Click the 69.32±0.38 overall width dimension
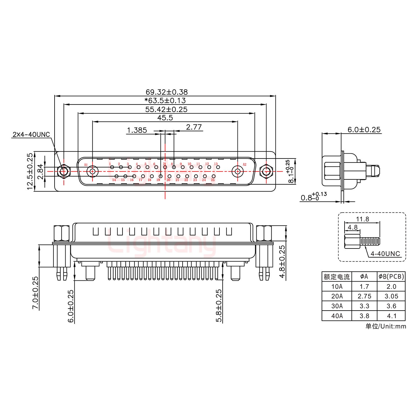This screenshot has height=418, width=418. point(167,92)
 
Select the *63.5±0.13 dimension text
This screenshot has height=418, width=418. point(165,101)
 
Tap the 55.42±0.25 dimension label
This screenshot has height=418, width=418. point(166,109)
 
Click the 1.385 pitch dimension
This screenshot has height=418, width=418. point(137,130)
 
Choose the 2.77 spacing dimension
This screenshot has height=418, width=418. point(194,127)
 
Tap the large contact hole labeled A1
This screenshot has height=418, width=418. point(93,171)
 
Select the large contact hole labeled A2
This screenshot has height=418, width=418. point(238,171)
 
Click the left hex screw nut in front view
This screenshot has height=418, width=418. point(64,171)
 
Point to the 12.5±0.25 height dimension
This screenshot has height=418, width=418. point(30,171)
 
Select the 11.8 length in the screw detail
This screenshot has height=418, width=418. point(362,219)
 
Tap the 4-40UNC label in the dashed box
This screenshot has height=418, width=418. point(385,254)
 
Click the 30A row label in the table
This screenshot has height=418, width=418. point(337,306)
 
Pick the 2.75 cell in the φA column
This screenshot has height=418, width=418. point(364,296)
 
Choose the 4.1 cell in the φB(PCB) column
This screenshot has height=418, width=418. point(391,316)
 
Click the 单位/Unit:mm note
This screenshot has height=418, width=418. point(385,326)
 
